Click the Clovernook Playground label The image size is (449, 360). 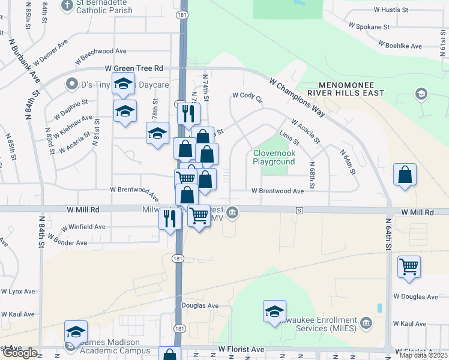pos(274,158)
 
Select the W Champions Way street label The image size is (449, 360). pos(297,98)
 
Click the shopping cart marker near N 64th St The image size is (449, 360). pos(409,266)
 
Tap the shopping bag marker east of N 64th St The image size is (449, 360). pos(405,175)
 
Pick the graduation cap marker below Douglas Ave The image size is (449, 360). pos(274,311)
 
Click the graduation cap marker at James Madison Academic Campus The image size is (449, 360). pos(76,332)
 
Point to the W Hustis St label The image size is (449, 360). pos(390,10)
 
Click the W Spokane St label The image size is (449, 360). pos(373,27)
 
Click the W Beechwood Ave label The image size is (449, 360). pos(100,56)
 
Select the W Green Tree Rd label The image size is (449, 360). pos(134,69)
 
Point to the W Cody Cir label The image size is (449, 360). pos(248,96)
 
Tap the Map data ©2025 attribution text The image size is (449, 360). pos(423,355)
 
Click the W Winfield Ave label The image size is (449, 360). pos(83,227)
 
